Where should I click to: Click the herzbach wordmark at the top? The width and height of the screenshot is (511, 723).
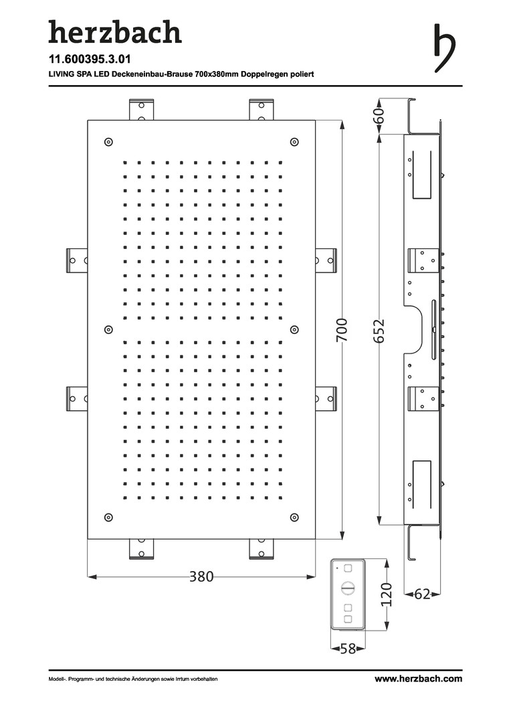[x=115, y=32]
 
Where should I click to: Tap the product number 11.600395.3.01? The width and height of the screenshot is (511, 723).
[x=90, y=59]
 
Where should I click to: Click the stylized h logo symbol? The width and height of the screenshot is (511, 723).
[x=444, y=48]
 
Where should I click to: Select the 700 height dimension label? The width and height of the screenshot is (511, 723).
[x=341, y=329]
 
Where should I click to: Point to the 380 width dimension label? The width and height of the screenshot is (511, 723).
[x=201, y=576]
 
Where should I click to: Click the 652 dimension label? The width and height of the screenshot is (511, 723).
[x=379, y=331]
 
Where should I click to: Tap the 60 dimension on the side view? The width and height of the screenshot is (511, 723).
[x=379, y=116]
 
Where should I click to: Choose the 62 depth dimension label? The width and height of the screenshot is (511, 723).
[x=422, y=594]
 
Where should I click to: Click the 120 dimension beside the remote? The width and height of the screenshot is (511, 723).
[x=387, y=594]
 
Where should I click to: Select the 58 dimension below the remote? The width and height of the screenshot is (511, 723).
[x=348, y=649]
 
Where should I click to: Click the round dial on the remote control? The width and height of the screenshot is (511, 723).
[x=347, y=588]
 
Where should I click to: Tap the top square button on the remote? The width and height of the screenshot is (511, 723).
[x=348, y=568]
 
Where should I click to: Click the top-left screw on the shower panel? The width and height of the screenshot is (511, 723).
[x=109, y=141]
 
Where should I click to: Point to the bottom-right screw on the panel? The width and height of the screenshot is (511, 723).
[x=294, y=517]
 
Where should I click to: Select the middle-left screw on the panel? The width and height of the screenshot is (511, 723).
[x=109, y=329]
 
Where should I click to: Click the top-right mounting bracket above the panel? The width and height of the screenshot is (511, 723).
[x=262, y=110]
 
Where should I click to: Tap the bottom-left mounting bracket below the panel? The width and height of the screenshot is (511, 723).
[x=141, y=549]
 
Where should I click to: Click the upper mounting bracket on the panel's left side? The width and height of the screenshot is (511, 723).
[x=77, y=260]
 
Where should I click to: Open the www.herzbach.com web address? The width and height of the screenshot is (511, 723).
[x=419, y=679]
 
